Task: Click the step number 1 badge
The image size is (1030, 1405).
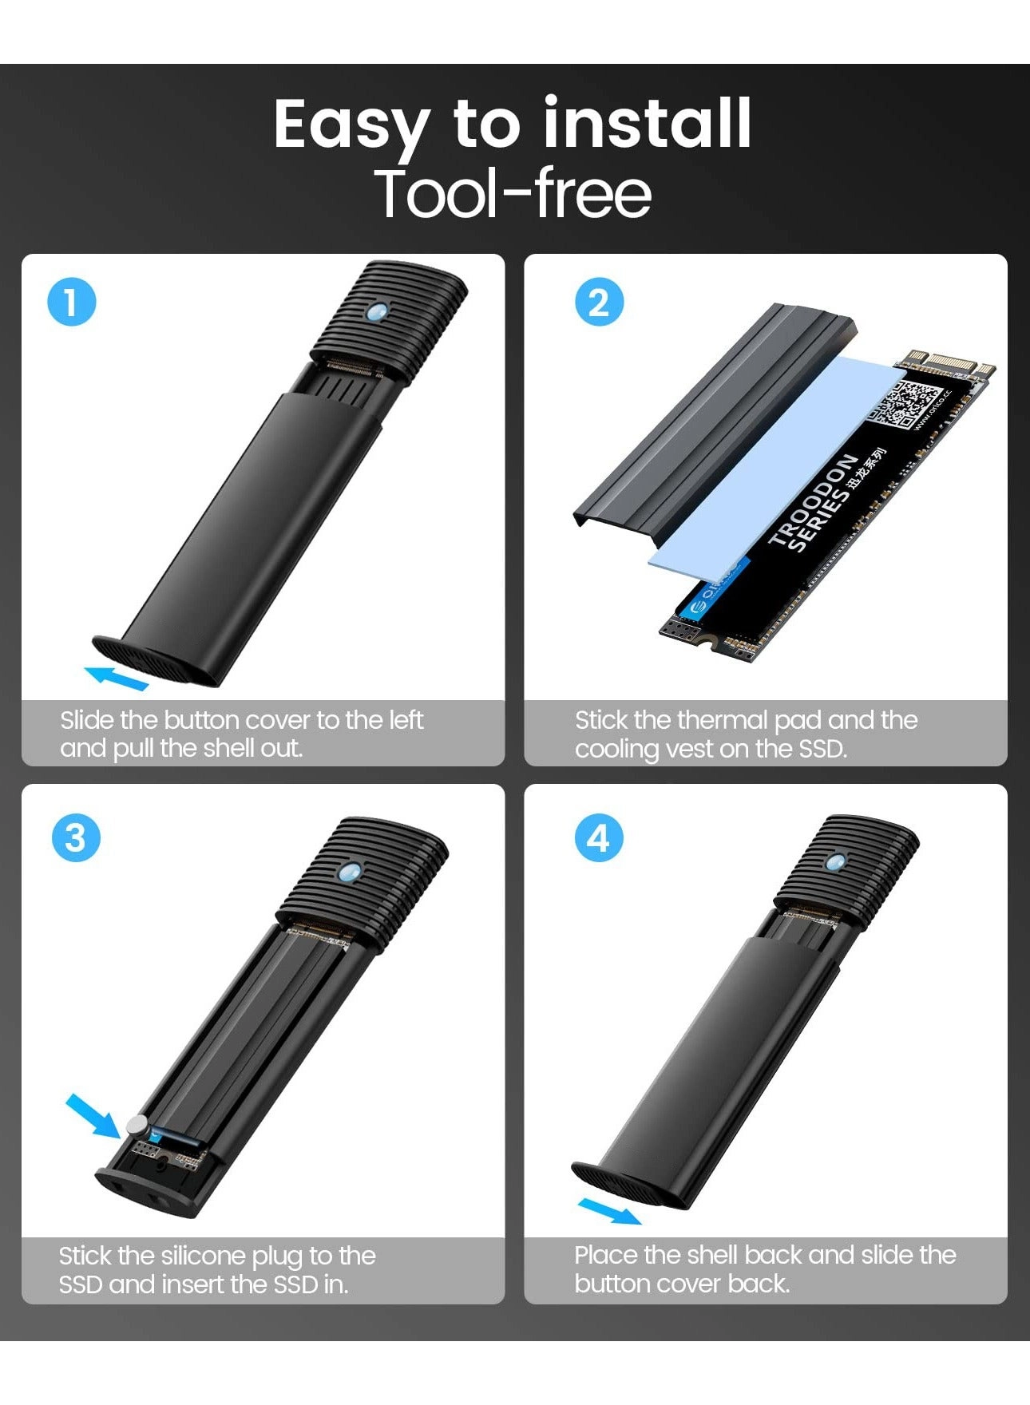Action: click(72, 303)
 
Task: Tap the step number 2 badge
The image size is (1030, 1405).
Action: click(599, 303)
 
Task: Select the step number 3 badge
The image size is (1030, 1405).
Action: click(75, 838)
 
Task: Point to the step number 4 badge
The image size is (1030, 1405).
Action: click(599, 838)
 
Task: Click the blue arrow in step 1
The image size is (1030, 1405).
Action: click(117, 678)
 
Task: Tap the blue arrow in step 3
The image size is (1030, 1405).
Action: click(93, 1115)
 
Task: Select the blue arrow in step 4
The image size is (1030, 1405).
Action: click(608, 1210)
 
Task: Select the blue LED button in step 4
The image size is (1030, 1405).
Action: click(835, 861)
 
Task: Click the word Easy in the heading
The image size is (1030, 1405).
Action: click(351, 126)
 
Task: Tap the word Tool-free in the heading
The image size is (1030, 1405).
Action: click(513, 193)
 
